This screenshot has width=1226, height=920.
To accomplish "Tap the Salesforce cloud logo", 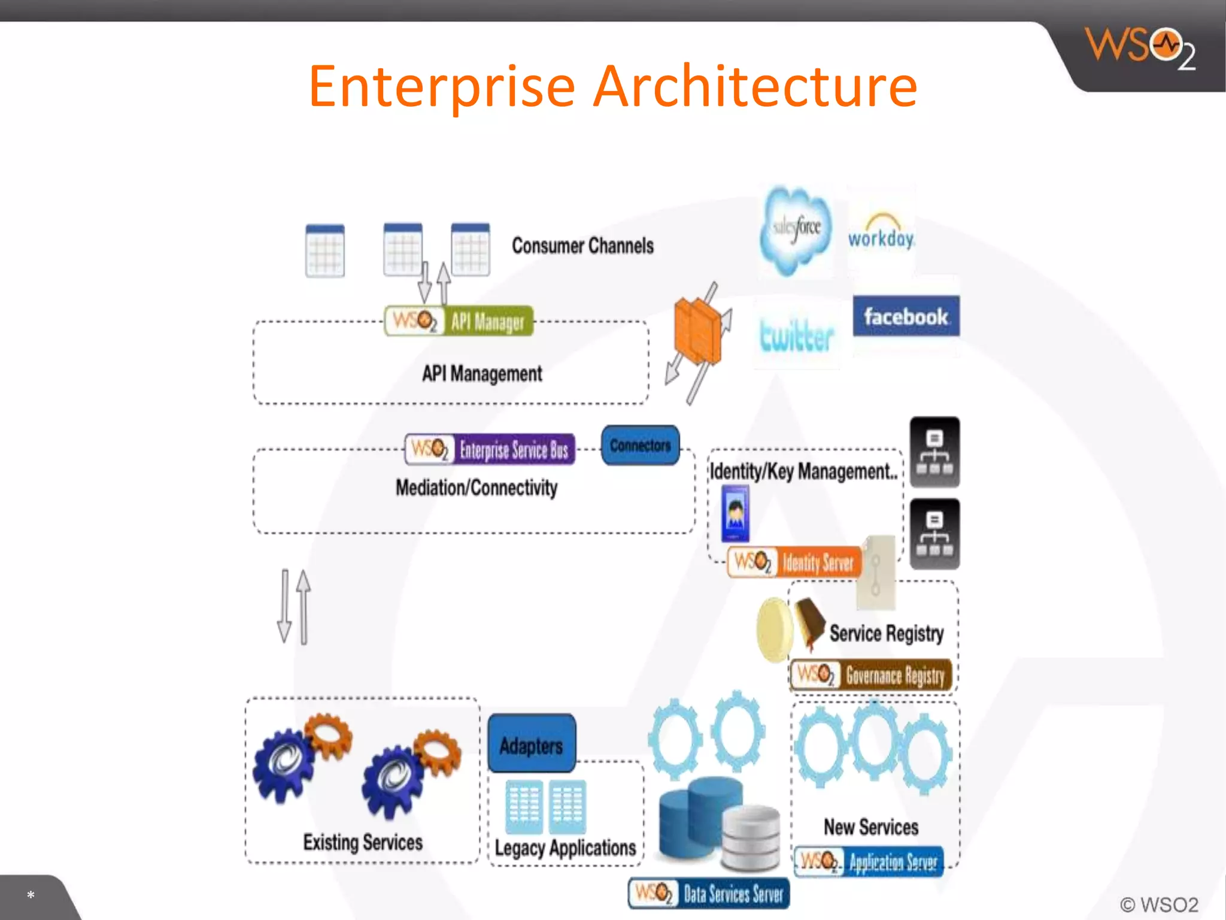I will (x=796, y=229).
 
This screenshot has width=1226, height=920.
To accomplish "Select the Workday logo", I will (x=881, y=233).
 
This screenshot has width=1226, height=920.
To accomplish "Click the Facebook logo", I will (x=906, y=316).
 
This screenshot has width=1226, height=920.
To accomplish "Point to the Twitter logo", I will (x=796, y=335).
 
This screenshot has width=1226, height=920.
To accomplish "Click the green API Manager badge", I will (x=459, y=322).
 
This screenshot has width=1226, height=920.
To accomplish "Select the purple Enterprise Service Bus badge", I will (x=490, y=449).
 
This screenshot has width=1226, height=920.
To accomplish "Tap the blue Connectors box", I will (x=640, y=446).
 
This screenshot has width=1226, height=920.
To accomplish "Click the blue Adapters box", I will (x=532, y=745).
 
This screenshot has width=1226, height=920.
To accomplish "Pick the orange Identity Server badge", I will (x=795, y=562).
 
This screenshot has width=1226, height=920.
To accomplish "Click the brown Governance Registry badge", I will (x=872, y=676).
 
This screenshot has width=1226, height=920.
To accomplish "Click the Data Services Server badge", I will (x=709, y=894).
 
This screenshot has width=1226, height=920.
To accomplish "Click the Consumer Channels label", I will (x=582, y=246).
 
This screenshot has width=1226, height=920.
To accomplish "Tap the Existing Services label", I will (x=363, y=842).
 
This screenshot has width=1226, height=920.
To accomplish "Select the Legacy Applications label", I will (x=565, y=848).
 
